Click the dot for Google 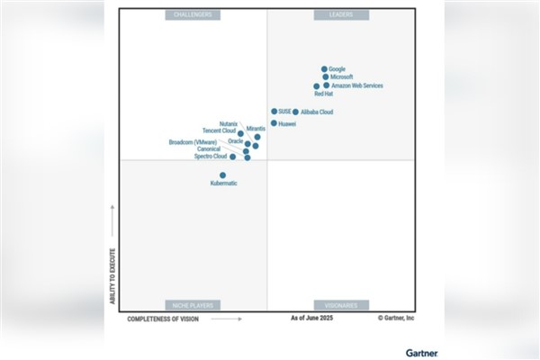pos(324,68)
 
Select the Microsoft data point pos(326,77)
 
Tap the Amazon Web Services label pos(357,85)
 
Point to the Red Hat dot pos(317,86)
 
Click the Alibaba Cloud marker pos(295,112)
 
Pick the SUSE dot pos(274,112)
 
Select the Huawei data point pos(274,123)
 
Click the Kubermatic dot pos(223,175)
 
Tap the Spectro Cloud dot pos(232,157)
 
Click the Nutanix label pos(229,123)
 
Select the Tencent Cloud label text pos(219,130)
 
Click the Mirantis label pos(256,129)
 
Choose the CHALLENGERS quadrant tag pos(193,15)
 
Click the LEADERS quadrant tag pos(340,15)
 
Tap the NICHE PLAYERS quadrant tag pos(193,305)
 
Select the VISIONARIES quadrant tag pos(340,305)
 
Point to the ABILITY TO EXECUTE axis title pos(112,274)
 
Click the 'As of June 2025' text pos(312,319)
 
